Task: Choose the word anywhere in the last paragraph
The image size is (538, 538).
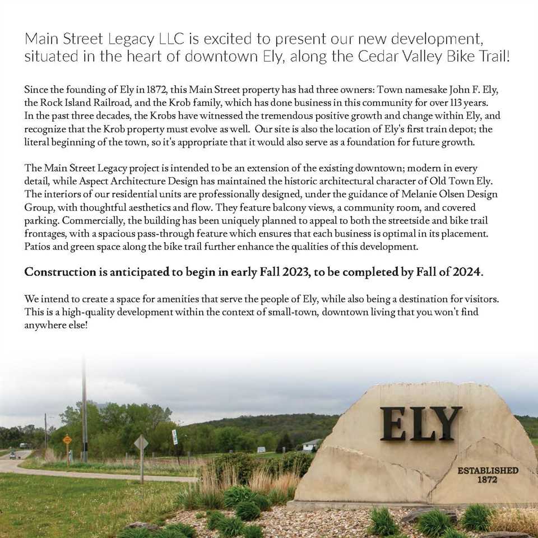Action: tap(48, 325)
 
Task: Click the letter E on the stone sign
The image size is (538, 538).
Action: tap(393, 424)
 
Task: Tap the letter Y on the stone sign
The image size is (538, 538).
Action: tap(448, 424)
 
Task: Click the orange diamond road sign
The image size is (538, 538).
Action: tap(67, 440)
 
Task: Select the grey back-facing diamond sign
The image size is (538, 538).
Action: tap(141, 443)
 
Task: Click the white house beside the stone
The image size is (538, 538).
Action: tap(310, 446)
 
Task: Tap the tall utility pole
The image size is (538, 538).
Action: tap(84, 409)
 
